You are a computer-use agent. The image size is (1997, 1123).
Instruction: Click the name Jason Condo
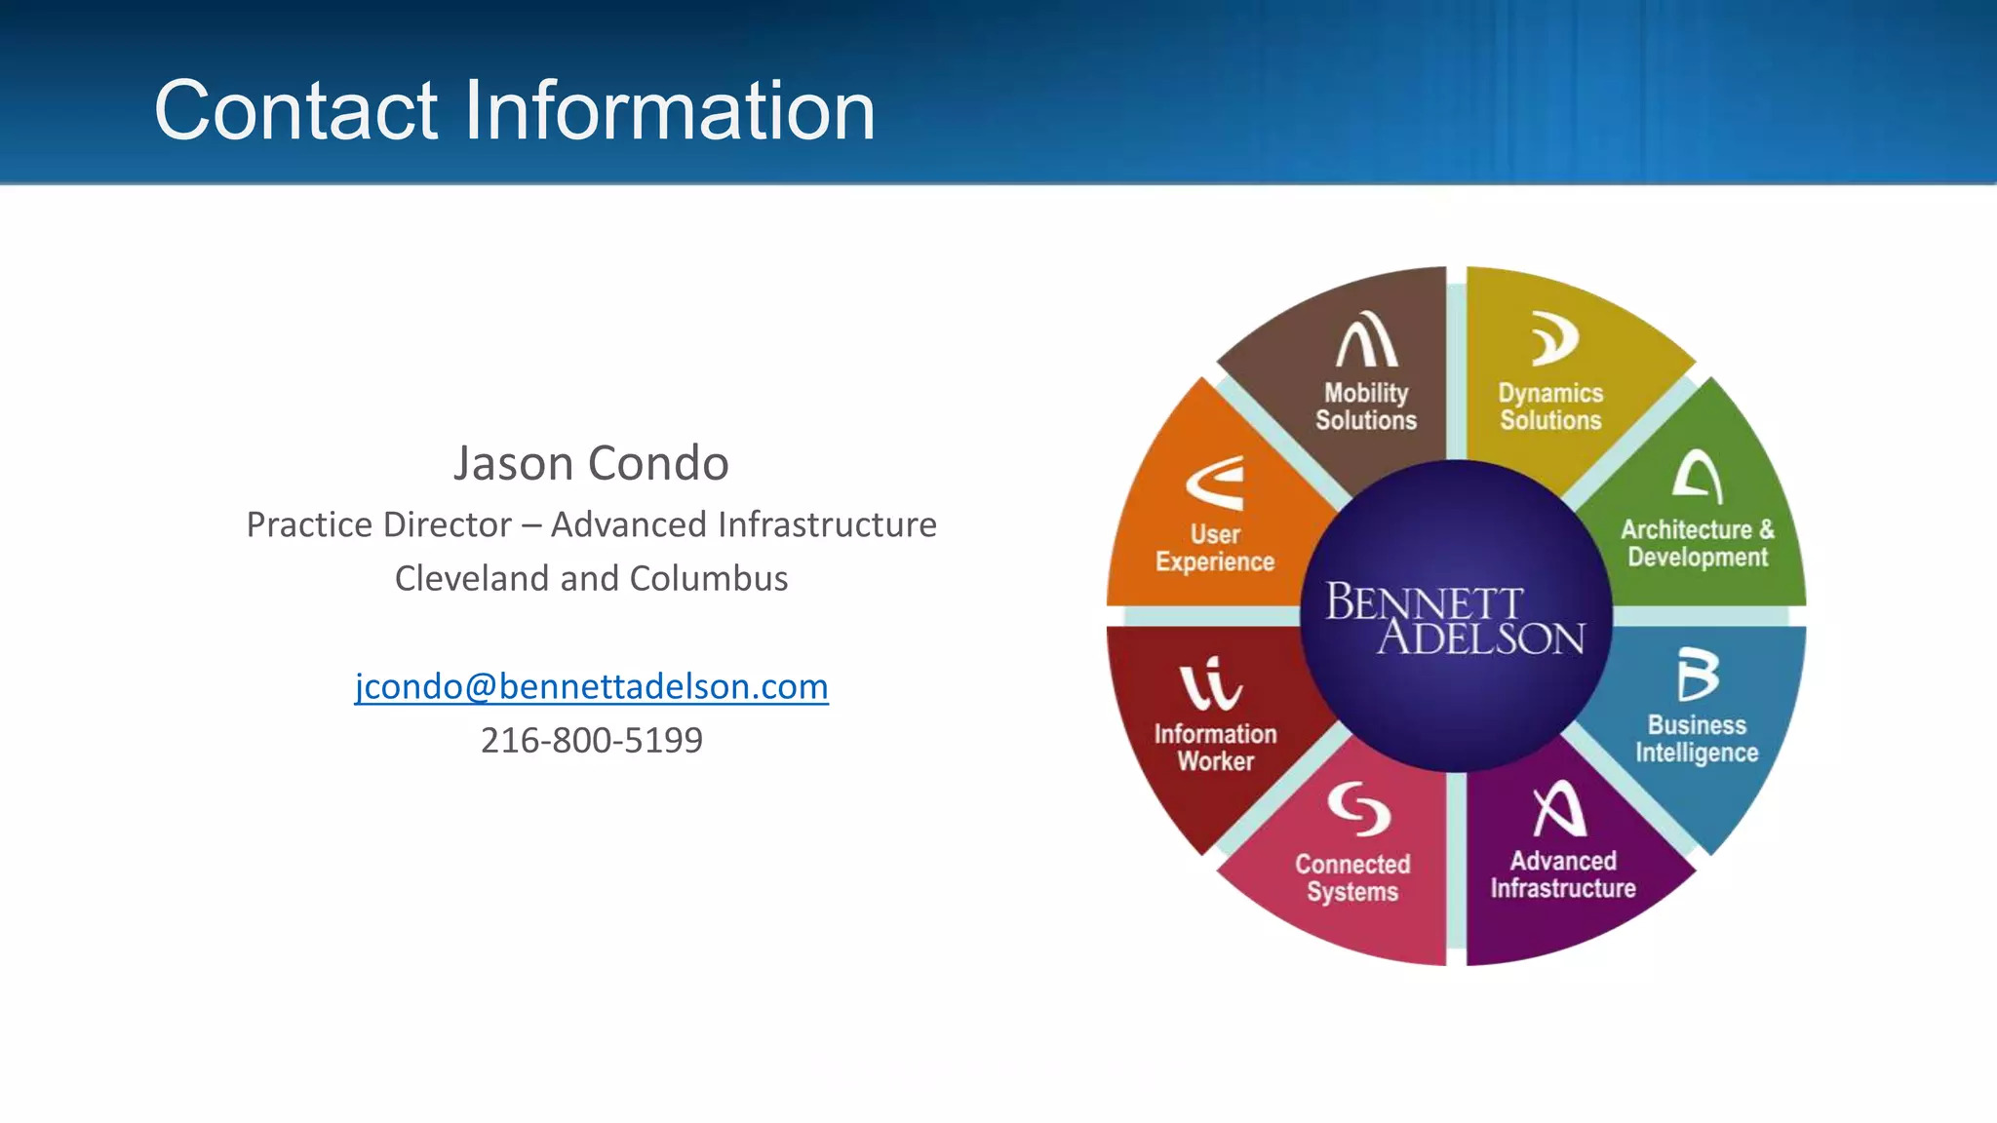point(591,463)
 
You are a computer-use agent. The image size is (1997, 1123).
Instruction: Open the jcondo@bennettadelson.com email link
point(591,686)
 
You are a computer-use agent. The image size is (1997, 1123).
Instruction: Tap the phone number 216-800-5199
point(591,740)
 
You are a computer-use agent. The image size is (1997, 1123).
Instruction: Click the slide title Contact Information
point(514,110)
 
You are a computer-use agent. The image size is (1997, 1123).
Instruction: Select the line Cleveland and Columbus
point(591,578)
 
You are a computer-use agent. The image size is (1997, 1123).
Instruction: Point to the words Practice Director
point(378,524)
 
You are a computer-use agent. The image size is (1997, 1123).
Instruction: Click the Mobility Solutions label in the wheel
point(1365,407)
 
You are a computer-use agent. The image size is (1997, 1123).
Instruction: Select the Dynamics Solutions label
point(1550,407)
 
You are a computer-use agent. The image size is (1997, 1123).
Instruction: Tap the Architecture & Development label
point(1697,543)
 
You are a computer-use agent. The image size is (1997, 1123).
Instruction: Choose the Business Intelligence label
point(1697,739)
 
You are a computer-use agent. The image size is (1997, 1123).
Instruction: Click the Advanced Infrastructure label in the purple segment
point(1563,874)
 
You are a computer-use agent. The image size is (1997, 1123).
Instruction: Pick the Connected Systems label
point(1352,877)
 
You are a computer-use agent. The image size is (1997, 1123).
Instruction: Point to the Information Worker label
point(1215,748)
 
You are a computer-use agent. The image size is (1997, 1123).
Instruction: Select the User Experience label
point(1215,548)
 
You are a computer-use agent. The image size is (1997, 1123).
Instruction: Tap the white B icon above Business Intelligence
point(1697,675)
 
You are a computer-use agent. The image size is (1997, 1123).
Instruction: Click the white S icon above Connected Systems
point(1358,808)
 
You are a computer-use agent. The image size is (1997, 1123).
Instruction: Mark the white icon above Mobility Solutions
point(1366,339)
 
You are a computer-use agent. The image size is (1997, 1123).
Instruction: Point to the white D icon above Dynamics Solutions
point(1553,338)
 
